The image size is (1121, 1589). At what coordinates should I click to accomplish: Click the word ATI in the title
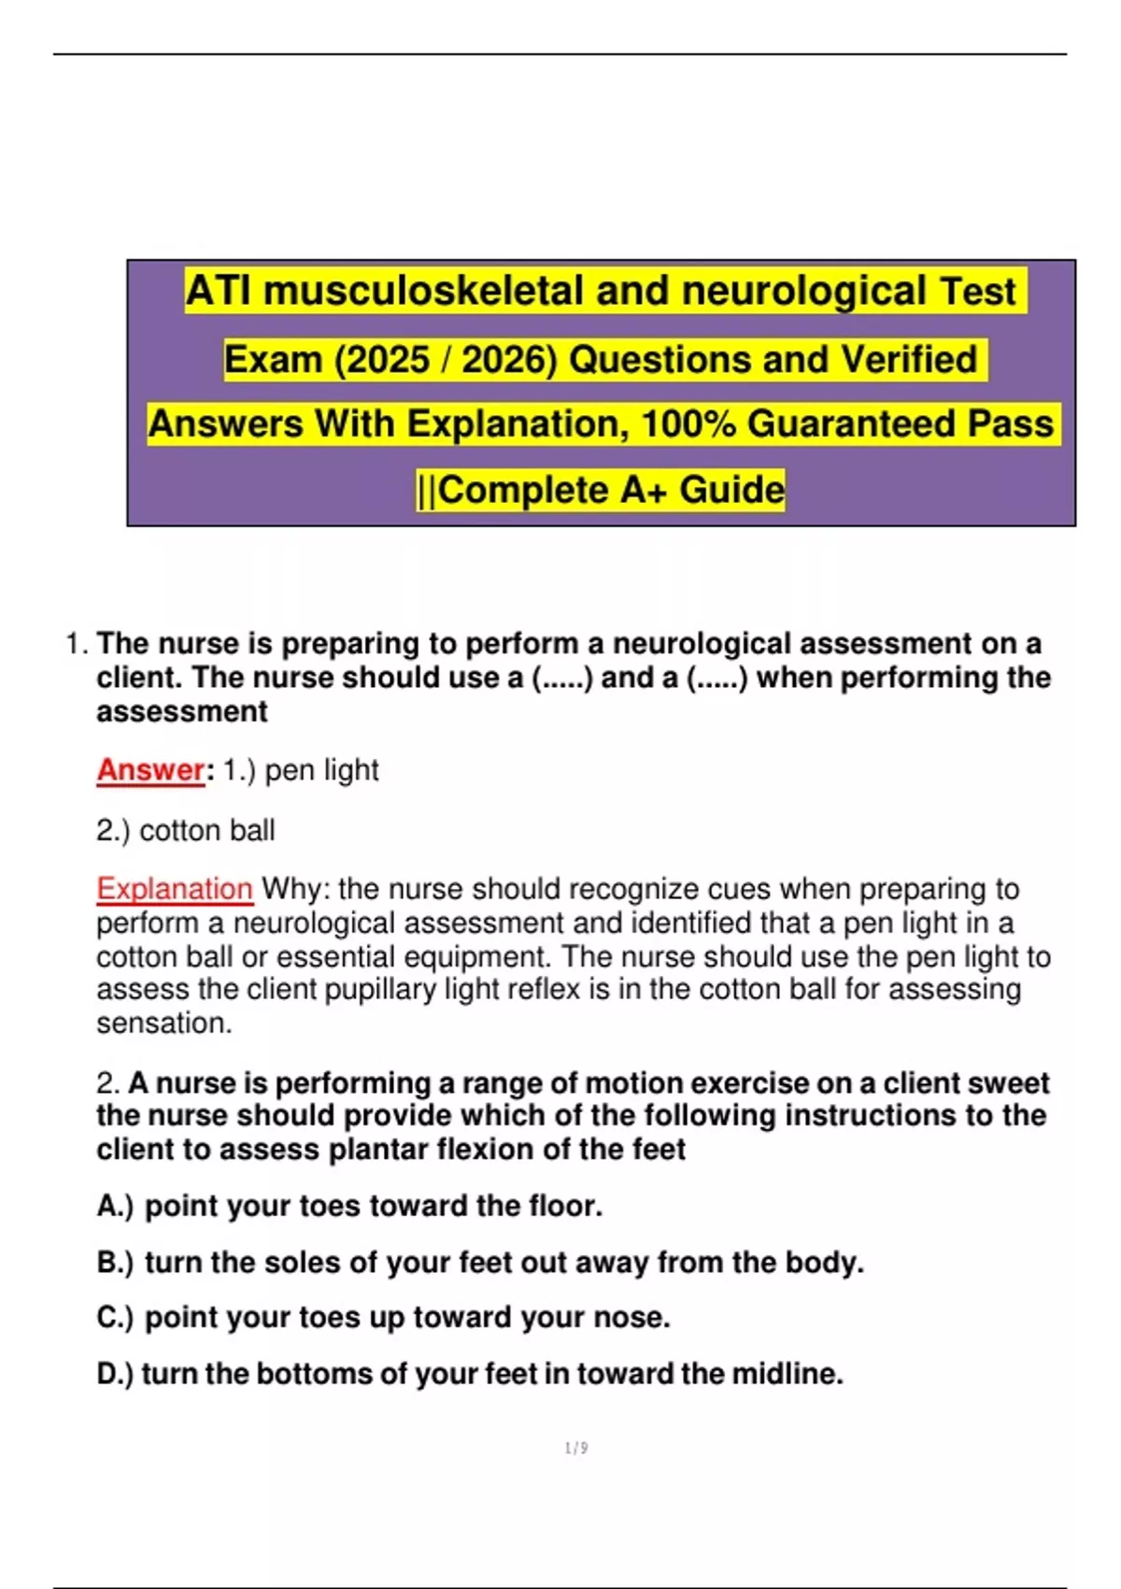click(x=219, y=291)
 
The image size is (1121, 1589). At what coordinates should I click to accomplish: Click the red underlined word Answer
click(x=150, y=770)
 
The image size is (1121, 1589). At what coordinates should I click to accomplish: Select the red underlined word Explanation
click(x=175, y=889)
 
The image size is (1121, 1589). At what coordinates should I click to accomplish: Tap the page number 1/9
click(x=576, y=1448)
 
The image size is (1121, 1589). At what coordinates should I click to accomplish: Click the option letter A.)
click(x=115, y=1207)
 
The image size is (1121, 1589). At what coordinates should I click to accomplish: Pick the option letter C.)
click(x=115, y=1318)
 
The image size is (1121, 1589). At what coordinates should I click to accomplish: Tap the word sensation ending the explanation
click(x=163, y=1024)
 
